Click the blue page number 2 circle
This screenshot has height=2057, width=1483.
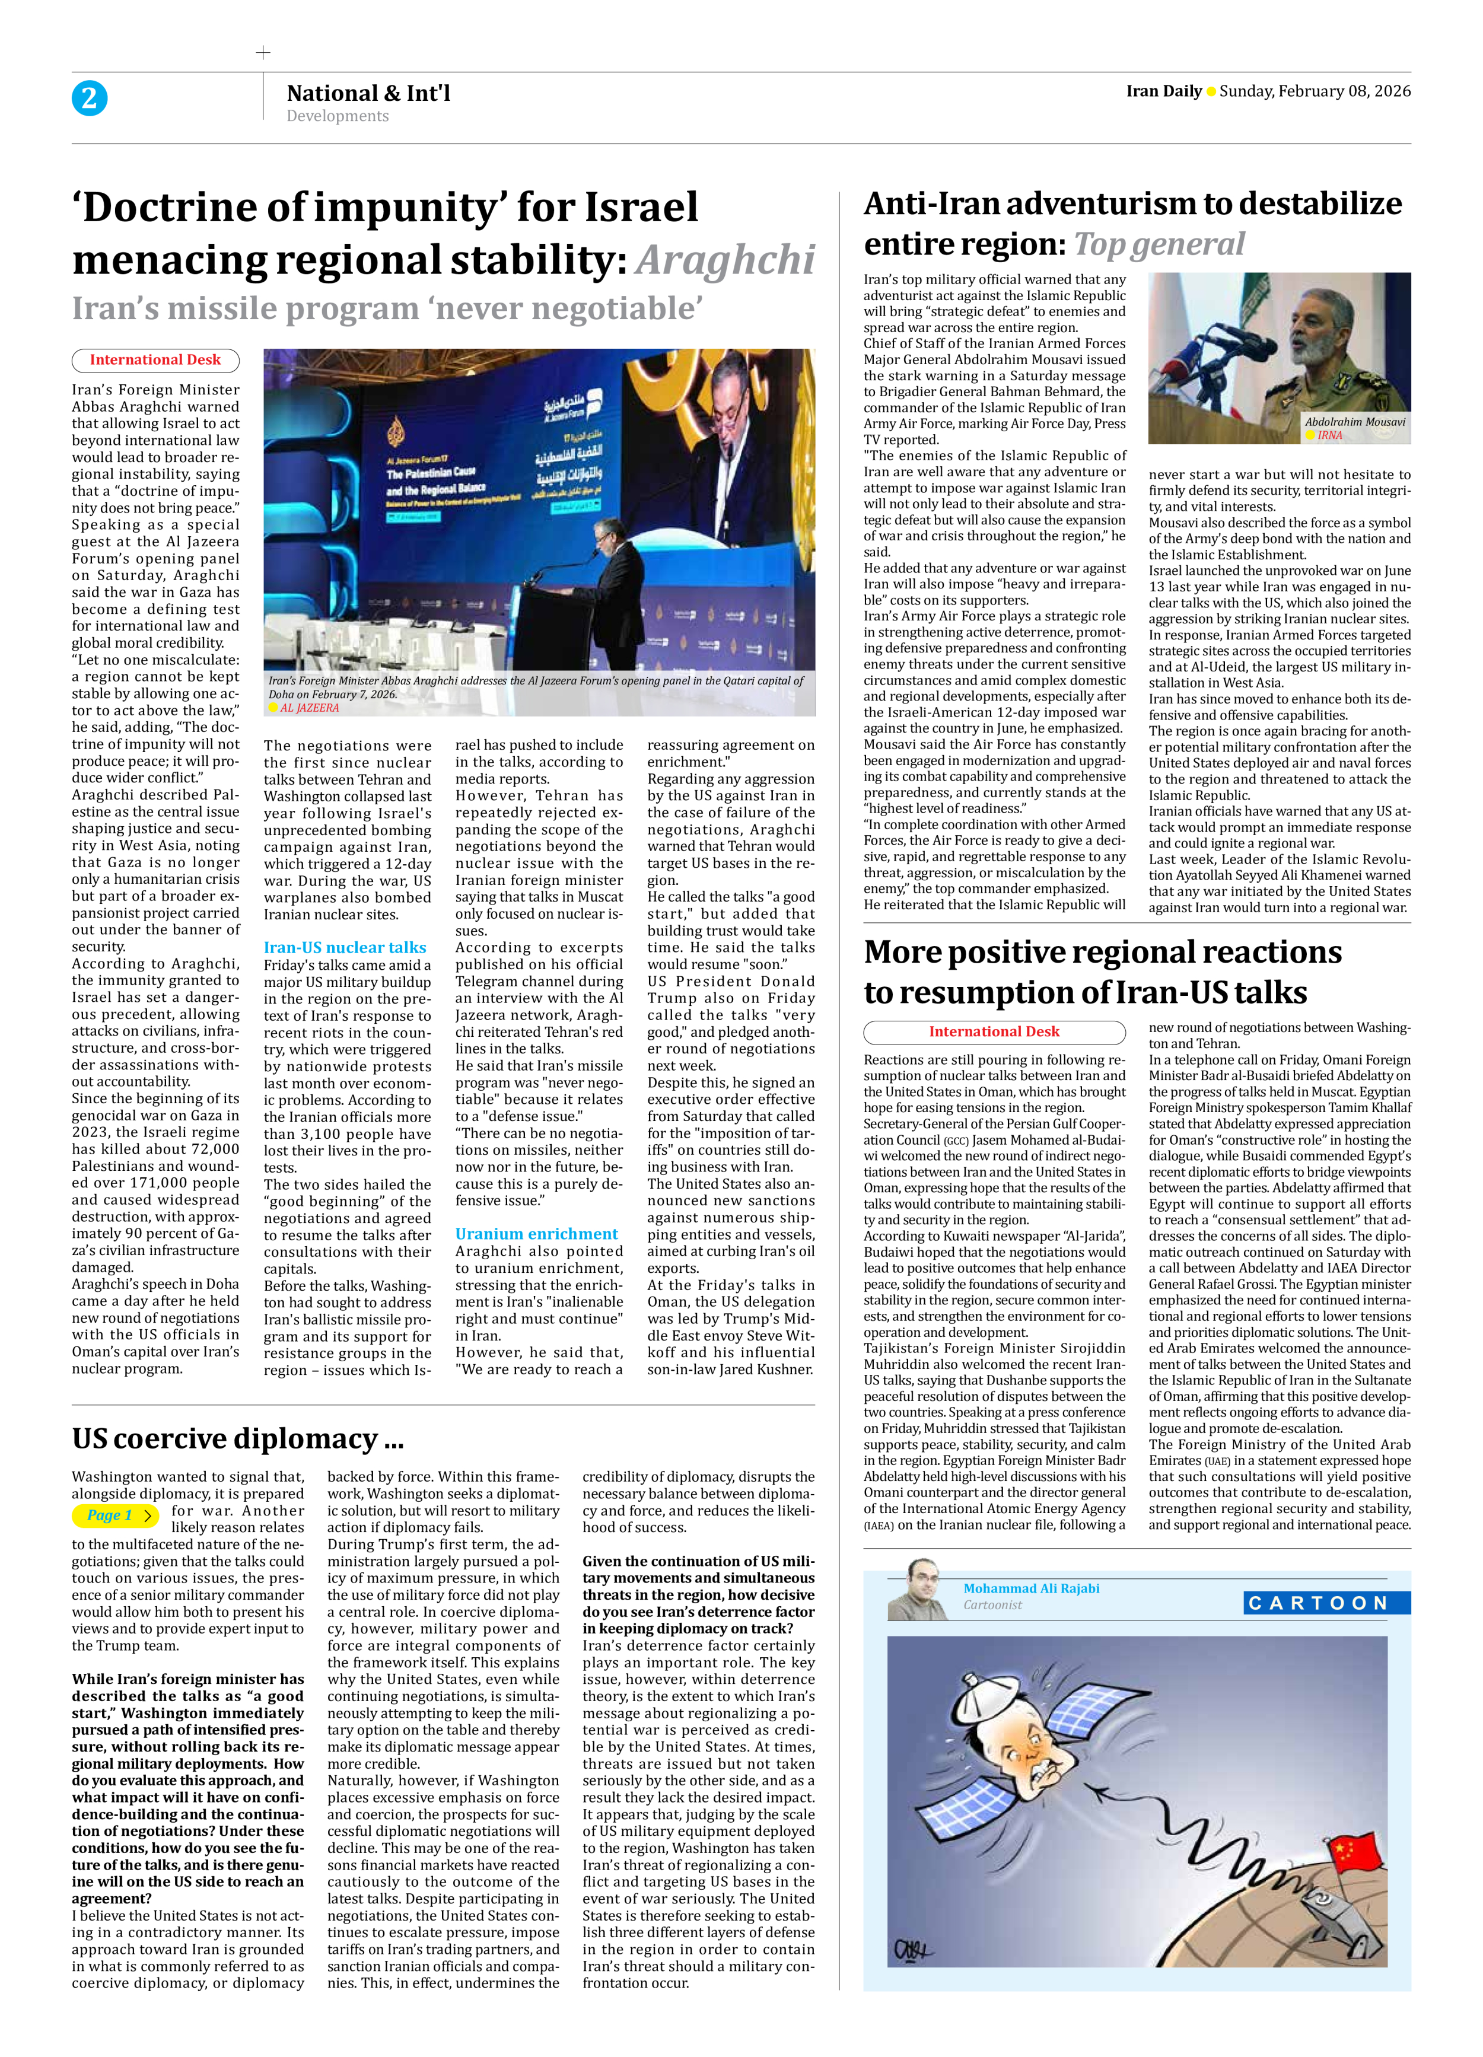(89, 98)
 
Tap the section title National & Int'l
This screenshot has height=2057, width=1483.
(368, 93)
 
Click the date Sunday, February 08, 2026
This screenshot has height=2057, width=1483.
(1315, 91)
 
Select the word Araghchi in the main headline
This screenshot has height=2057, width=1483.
(725, 260)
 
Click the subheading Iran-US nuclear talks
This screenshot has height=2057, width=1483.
(345, 947)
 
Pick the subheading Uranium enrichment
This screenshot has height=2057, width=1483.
(536, 1234)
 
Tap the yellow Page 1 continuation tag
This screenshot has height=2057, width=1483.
(115, 1515)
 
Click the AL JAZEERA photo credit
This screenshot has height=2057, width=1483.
(308, 708)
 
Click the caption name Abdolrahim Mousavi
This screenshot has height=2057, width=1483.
(1354, 422)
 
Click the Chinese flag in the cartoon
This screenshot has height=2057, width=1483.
(1353, 1848)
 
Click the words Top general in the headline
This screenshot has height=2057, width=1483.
(1159, 244)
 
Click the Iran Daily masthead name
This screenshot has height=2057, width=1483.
(1163, 91)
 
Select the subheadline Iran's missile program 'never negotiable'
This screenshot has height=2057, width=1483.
(387, 308)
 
